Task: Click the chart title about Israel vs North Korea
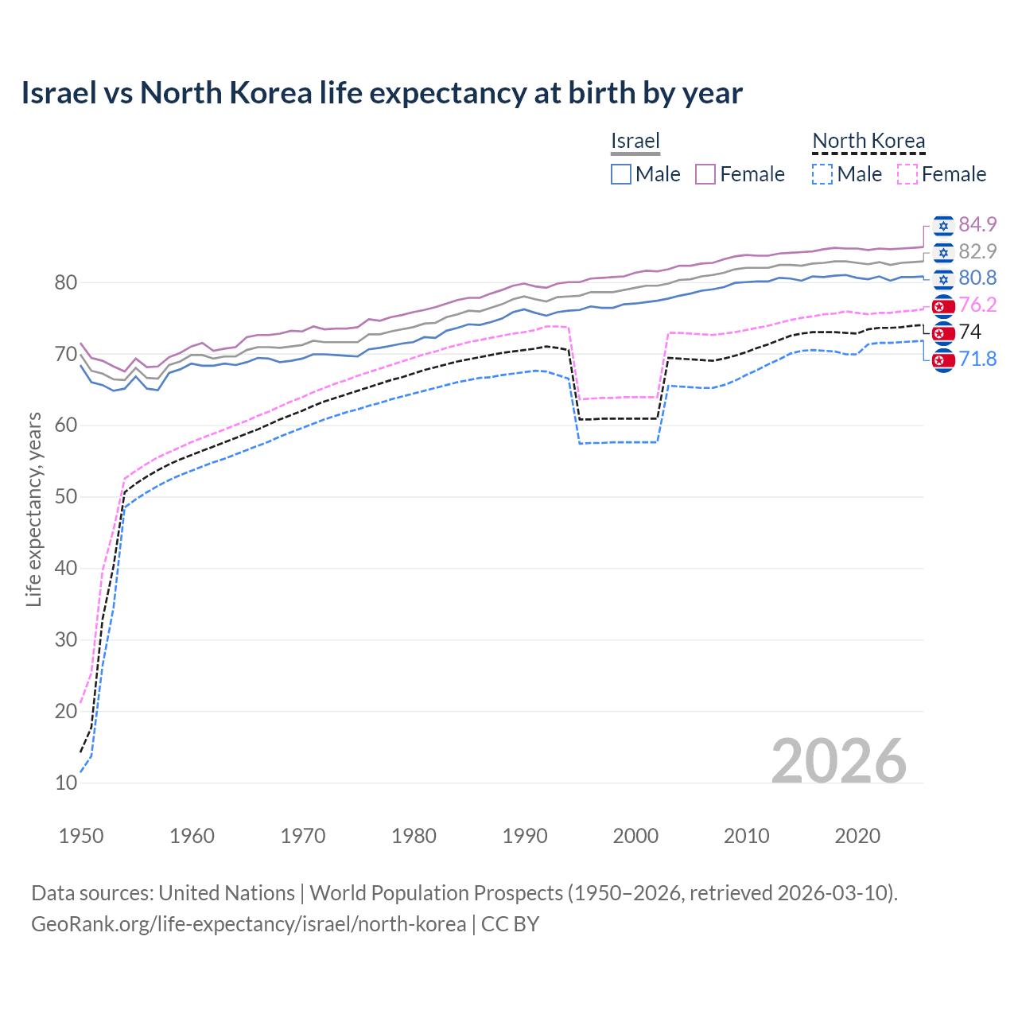(x=382, y=93)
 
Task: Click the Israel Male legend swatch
(x=621, y=174)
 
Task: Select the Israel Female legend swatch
(x=705, y=174)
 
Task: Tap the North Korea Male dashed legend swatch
(x=822, y=174)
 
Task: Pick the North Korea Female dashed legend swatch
(x=907, y=174)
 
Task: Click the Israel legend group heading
(x=635, y=141)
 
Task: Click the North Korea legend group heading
(x=868, y=141)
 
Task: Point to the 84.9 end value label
(x=977, y=224)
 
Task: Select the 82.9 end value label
(x=977, y=251)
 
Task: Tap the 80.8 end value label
(x=977, y=278)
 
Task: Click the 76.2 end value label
(x=977, y=305)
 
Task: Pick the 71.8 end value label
(x=977, y=359)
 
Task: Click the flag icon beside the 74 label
(x=943, y=332)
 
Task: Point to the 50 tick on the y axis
(x=66, y=497)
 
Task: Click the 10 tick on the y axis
(x=66, y=783)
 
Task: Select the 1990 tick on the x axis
(x=525, y=836)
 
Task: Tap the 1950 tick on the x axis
(x=81, y=836)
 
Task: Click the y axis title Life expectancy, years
(x=33, y=509)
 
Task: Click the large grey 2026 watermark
(x=838, y=761)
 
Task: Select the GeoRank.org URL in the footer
(x=248, y=924)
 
